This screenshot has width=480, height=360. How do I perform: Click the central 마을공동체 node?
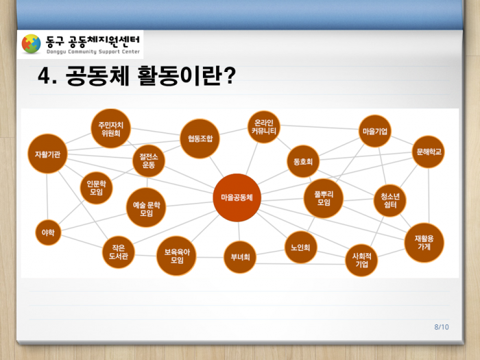[x=237, y=197]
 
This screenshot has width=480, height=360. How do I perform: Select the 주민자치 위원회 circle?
[x=111, y=129]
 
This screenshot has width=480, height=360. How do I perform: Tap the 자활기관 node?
[x=47, y=154]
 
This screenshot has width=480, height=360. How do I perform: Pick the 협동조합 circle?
[x=200, y=139]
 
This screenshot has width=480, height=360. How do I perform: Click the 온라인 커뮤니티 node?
[x=264, y=127]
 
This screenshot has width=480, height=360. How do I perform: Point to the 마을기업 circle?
[x=375, y=131]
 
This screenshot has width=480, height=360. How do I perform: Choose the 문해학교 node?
[x=429, y=152]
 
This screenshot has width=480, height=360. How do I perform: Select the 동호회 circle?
[x=303, y=161]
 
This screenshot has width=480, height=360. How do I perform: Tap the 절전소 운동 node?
[x=149, y=161]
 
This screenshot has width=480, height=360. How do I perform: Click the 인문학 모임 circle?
[x=97, y=188]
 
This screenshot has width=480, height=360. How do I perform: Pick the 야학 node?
[x=48, y=232]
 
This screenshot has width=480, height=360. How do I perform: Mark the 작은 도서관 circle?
[x=119, y=252]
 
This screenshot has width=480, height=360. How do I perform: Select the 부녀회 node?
[x=240, y=257]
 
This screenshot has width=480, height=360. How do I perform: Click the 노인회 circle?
[x=300, y=248]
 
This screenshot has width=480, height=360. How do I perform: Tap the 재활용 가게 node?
[x=424, y=243]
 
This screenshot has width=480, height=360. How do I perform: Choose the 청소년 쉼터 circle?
[x=390, y=200]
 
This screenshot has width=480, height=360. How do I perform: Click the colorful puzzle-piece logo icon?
[x=32, y=44]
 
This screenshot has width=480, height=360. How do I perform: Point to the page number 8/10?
[x=442, y=327]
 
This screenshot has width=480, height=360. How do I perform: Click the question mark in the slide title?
[x=229, y=75]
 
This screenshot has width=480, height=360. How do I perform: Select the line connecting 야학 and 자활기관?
[x=47, y=197]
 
